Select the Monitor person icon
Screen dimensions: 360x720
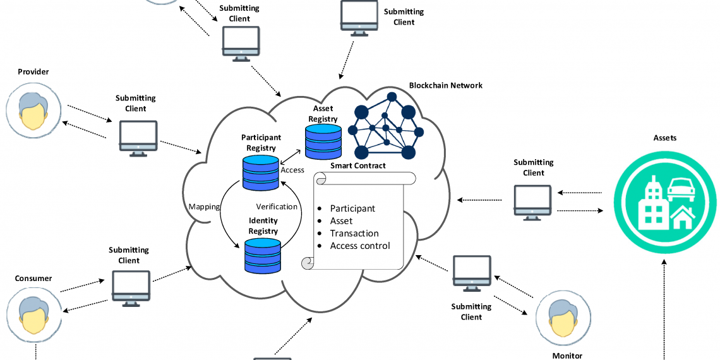[563, 317]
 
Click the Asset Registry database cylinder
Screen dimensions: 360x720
[323, 141]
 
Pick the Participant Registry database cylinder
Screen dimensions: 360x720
[261, 172]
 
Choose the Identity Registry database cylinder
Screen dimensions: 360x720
[263, 254]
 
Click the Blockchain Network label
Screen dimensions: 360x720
[445, 85]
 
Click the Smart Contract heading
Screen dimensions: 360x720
[358, 166]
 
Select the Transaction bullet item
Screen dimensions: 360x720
[354, 233]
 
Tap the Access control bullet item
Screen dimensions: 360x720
[360, 246]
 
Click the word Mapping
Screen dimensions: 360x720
[204, 207]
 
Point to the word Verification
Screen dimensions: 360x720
[277, 207]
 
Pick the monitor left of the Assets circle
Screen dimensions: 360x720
[532, 202]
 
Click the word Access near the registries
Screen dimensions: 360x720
[292, 170]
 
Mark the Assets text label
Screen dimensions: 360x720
[664, 138]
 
